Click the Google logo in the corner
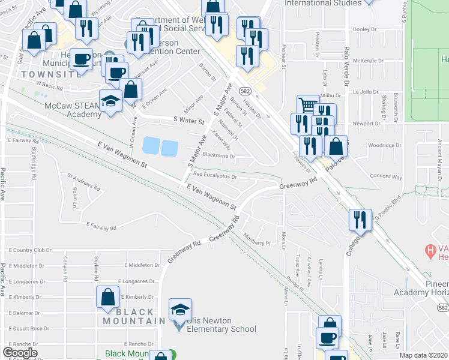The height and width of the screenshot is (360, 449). tap(20, 353)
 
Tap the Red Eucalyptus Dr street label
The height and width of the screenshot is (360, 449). tap(215, 176)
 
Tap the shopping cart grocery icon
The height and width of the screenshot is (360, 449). tap(307, 105)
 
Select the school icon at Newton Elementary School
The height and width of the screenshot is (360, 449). tap(179, 308)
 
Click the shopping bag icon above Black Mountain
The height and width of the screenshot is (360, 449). tap(107, 296)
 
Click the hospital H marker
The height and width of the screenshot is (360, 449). tap(430, 248)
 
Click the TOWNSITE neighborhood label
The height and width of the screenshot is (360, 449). tap(43, 74)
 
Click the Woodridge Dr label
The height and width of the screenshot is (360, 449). tap(384, 145)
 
